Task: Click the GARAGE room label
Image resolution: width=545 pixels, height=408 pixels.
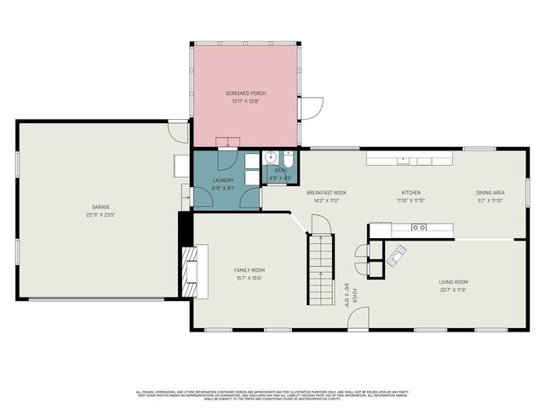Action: coord(100,207)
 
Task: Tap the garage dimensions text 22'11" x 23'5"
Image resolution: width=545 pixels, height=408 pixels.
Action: coord(100,215)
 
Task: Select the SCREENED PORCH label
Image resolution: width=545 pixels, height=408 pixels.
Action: coord(244,93)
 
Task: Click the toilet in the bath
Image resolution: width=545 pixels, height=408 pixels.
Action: coord(288,160)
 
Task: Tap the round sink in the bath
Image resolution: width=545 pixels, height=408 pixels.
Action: coord(270,157)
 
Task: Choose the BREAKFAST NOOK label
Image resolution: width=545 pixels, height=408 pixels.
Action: coord(326,193)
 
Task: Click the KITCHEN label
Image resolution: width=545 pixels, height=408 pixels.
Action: coord(411,193)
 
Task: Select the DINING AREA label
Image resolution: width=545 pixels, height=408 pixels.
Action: coord(490,193)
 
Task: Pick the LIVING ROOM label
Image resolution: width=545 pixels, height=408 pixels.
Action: coord(453,281)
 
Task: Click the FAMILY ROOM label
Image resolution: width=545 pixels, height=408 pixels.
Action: coord(250,269)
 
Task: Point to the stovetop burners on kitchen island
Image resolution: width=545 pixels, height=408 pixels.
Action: coord(419,228)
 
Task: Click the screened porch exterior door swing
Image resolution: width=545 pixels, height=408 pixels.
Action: coord(313,109)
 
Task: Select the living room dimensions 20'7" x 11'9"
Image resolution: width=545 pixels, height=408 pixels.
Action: coord(453,290)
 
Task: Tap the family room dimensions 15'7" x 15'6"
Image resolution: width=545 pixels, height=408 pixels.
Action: coord(250,278)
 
